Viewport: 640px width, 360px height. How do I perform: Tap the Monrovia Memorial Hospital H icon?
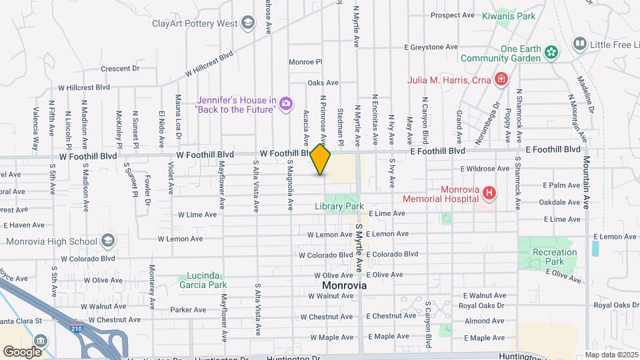coord(490,193)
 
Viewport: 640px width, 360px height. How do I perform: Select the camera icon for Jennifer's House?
coord(286,103)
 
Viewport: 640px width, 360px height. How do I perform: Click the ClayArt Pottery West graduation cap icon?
coord(248,24)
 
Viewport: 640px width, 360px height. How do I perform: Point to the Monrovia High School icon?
coord(107,241)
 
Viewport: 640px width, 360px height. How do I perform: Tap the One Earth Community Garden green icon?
coord(551,52)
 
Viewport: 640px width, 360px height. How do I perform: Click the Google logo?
coord(22,351)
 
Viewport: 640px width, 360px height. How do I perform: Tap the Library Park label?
coord(339,206)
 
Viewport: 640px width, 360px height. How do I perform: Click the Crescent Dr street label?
coord(120,69)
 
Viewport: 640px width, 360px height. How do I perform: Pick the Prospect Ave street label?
coord(452,15)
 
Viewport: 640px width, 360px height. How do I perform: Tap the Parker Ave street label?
coord(185,310)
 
